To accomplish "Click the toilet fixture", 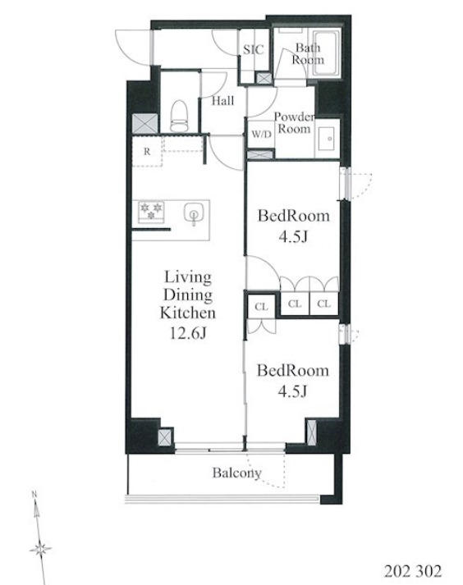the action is [x=179, y=116].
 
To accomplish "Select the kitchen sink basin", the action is [x=194, y=214].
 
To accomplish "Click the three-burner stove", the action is [x=151, y=212].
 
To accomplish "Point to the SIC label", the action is [x=253, y=49].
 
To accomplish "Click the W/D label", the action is [x=261, y=134].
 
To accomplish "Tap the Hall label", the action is [x=223, y=101].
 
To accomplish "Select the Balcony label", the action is [x=236, y=473].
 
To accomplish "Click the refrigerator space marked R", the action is [x=147, y=151].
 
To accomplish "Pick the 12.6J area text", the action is [x=188, y=333].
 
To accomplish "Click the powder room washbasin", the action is [x=328, y=139].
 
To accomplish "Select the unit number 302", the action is [x=429, y=571].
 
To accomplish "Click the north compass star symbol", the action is [x=40, y=549].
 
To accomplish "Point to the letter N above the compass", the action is [x=34, y=495].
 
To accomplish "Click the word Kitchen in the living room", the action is [x=188, y=313].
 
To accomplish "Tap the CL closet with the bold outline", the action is [x=261, y=306].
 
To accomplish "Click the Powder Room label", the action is [x=294, y=123].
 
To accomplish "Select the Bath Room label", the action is [x=308, y=53].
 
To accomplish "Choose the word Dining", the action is [x=188, y=295].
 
